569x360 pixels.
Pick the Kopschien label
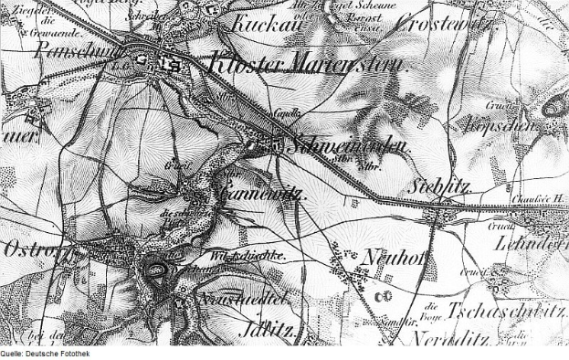coord(499,124)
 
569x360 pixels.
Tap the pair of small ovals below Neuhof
coord(385,294)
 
